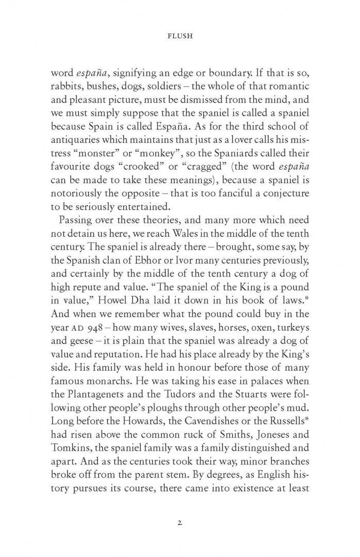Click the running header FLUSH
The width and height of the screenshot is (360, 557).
180,38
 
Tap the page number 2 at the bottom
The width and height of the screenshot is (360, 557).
179,522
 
